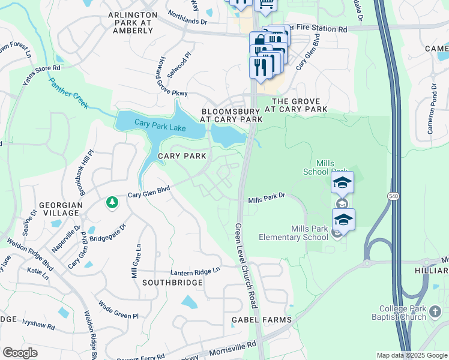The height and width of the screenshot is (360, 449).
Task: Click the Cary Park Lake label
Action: point(161,124)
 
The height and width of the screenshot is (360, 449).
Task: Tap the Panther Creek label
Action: point(68,93)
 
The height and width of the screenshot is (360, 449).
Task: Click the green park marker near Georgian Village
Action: point(112,203)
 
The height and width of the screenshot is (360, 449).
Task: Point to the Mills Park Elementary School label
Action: point(293,233)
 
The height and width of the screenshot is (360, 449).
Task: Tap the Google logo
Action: point(20,352)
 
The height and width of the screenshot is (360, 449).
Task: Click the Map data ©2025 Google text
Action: point(412,355)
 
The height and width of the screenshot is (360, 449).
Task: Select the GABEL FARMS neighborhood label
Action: point(262,320)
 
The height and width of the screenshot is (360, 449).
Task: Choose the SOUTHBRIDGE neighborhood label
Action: point(172,281)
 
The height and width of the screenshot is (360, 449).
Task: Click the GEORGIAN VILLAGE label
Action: point(60,209)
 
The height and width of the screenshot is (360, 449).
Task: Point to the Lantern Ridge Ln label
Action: point(187,271)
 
